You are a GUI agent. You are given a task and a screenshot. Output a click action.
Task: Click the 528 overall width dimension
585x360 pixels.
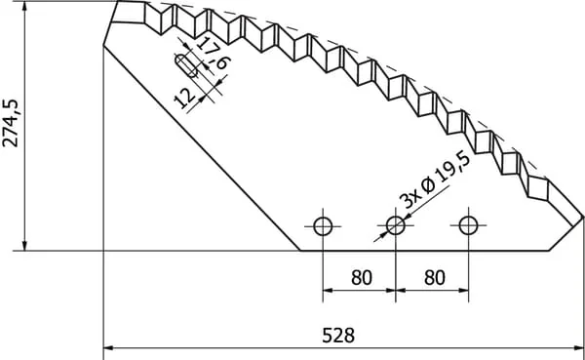tap(338, 335)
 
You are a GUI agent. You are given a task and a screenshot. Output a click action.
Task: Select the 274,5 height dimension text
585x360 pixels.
tap(11, 123)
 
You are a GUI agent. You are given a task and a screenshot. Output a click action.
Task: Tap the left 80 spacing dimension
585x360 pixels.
tap(362, 278)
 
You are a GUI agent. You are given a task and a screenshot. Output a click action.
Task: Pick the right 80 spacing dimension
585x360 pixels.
tap(435, 278)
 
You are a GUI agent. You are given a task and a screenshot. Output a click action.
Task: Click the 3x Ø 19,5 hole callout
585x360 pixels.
tap(435, 180)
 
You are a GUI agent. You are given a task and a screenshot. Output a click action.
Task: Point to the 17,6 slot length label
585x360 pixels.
tap(214, 53)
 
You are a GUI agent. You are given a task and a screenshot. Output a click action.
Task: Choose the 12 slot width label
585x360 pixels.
tap(184, 99)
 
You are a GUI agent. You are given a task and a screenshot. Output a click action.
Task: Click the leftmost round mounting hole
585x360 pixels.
tap(323, 226)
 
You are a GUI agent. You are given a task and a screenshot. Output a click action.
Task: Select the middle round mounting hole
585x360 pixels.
tap(396, 225)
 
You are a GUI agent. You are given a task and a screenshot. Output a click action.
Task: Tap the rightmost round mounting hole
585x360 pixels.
tap(468, 225)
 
